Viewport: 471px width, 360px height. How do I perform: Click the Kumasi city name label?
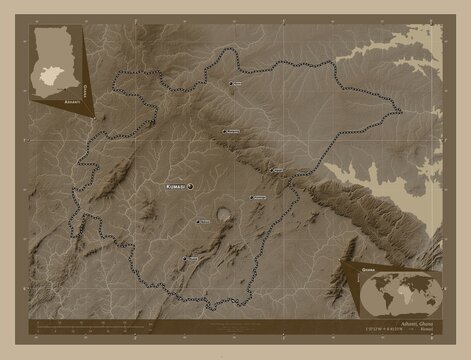click(x=171, y=186)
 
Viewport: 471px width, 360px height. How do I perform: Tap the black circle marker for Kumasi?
click(x=189, y=186)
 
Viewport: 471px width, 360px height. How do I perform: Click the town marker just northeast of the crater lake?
click(x=247, y=198)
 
